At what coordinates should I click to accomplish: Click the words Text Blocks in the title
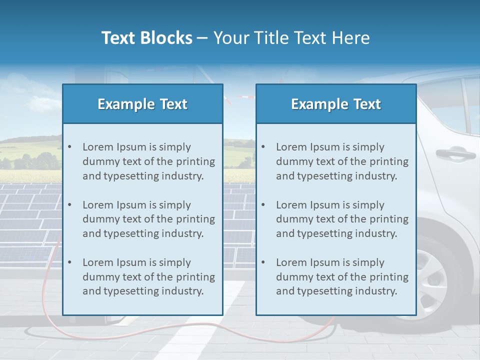click(x=146, y=38)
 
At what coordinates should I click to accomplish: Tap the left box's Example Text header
click(x=142, y=104)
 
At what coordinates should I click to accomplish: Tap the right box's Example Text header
click(x=336, y=104)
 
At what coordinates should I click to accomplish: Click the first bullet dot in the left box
click(x=69, y=147)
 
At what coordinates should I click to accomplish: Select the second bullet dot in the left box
click(x=69, y=205)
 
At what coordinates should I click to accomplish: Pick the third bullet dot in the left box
click(x=69, y=262)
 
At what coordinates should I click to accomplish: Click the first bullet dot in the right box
click(x=263, y=147)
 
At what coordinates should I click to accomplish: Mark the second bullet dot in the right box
click(x=263, y=205)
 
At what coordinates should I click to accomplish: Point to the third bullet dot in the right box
click(x=263, y=262)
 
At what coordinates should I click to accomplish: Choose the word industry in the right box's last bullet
click(x=376, y=291)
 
